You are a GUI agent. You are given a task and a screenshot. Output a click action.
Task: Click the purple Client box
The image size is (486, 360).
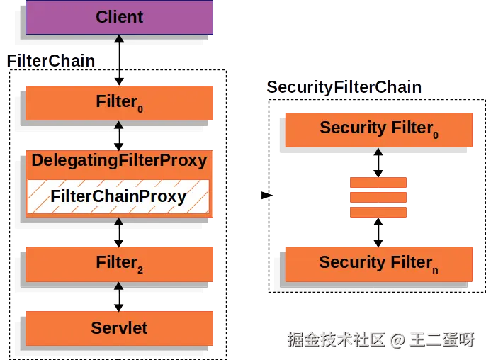pyautogui.click(x=119, y=17)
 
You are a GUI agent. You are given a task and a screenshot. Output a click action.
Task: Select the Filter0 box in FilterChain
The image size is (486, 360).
pyautogui.click(x=119, y=103)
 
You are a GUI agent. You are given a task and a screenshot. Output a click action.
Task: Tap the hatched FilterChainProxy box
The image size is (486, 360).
pyautogui.click(x=119, y=196)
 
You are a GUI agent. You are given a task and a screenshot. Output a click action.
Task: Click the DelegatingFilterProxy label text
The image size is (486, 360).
pyautogui.click(x=119, y=160)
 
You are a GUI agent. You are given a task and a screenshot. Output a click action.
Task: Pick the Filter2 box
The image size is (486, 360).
pyautogui.click(x=119, y=264)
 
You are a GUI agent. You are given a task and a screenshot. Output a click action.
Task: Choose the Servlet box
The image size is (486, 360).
pyautogui.click(x=119, y=327)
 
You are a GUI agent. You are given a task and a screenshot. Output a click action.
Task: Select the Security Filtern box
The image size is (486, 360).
pyautogui.click(x=378, y=263)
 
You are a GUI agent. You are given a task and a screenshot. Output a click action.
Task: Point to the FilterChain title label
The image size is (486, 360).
pyautogui.click(x=51, y=60)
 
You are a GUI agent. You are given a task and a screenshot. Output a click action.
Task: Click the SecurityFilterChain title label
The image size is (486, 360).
pyautogui.click(x=344, y=87)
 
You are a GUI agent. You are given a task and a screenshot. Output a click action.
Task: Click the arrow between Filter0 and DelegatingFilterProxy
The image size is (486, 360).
pyautogui.click(x=119, y=135)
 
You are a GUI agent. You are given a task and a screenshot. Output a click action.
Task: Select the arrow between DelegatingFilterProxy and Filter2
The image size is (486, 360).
pyautogui.click(x=119, y=231)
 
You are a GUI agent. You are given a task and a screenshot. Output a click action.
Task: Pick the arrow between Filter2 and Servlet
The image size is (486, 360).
pyautogui.click(x=119, y=296)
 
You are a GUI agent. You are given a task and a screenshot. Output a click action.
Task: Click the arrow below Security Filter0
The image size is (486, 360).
pyautogui.click(x=378, y=162)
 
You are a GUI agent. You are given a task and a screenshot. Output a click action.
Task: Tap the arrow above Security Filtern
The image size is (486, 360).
pyautogui.click(x=378, y=232)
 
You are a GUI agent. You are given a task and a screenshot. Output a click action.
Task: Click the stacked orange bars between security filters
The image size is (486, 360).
pyautogui.click(x=378, y=197)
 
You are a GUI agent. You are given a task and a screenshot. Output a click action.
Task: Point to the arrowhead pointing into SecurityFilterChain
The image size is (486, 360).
pyautogui.click(x=266, y=195)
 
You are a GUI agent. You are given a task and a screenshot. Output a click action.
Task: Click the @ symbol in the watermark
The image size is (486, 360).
pyautogui.click(x=397, y=339)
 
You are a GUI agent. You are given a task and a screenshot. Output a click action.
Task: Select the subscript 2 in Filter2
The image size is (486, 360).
pyautogui.click(x=140, y=271)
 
